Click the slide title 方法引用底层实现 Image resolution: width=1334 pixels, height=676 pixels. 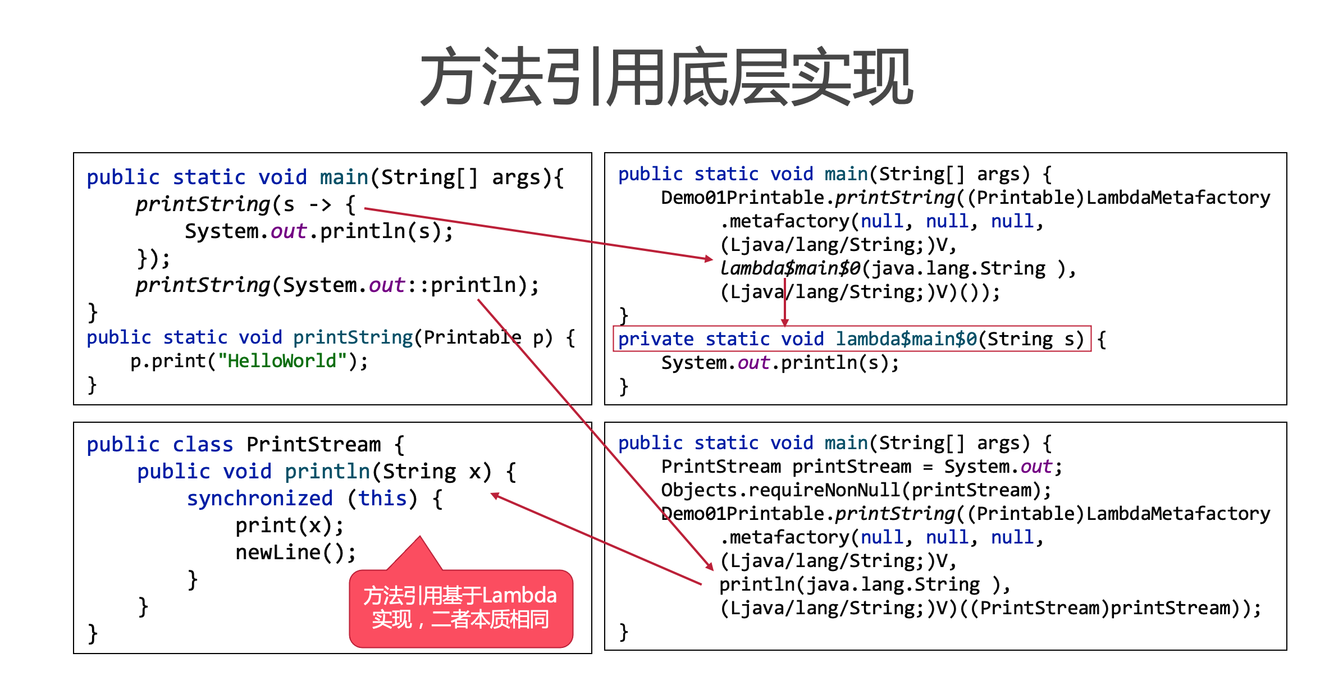tap(666, 77)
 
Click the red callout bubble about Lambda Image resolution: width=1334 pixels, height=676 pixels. tap(460, 608)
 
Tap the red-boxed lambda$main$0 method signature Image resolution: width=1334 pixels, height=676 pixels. tap(851, 339)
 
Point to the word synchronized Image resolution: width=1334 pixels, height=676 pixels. tap(259, 499)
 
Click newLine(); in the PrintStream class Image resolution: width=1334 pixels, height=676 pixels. tap(295, 552)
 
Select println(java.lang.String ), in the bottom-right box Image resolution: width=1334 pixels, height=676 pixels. tap(864, 584)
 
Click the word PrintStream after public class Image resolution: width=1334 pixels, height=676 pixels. tap(313, 445)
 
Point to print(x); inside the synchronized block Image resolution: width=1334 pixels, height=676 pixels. tap(289, 526)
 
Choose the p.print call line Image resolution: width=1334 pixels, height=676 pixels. tap(249, 361)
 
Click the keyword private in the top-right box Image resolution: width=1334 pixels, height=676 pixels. tap(655, 339)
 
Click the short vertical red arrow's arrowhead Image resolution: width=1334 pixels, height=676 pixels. tap(785, 322)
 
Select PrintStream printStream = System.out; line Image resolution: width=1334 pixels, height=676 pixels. tap(861, 467)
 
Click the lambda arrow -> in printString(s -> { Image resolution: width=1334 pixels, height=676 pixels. tap(320, 204)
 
